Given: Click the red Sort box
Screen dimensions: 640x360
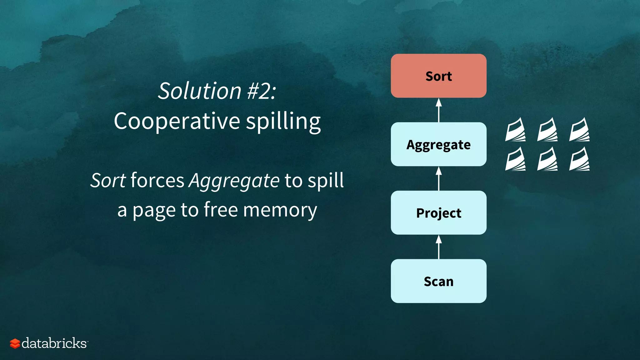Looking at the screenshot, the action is (438, 76).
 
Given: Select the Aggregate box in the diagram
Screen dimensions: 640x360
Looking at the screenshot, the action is (438, 144).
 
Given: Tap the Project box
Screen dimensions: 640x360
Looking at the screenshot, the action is (438, 213).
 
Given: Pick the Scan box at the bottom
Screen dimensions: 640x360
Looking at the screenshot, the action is (438, 281).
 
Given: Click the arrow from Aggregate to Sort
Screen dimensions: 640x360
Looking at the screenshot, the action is (439, 110).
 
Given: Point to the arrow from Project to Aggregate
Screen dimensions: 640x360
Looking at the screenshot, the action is (439, 178).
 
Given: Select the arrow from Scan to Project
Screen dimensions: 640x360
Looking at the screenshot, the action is (439, 247).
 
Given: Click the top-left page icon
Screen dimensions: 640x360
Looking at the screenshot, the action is (515, 130).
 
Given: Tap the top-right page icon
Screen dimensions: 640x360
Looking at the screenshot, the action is (579, 130).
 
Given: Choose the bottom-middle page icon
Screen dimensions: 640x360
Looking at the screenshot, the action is (547, 159).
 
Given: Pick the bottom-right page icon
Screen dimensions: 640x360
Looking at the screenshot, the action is (579, 159).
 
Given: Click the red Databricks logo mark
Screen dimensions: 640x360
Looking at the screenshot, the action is (15, 343).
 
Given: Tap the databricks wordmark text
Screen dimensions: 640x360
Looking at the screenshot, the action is (54, 343).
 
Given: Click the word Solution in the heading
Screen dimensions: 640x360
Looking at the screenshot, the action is (199, 91).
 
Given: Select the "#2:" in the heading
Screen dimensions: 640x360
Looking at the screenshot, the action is (262, 91).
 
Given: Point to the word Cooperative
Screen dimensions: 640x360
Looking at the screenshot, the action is (177, 121).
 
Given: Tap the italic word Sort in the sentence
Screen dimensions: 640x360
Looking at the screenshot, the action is (108, 180).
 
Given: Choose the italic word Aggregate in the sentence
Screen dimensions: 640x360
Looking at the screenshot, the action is (234, 181).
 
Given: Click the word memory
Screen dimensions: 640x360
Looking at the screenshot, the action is (280, 210).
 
